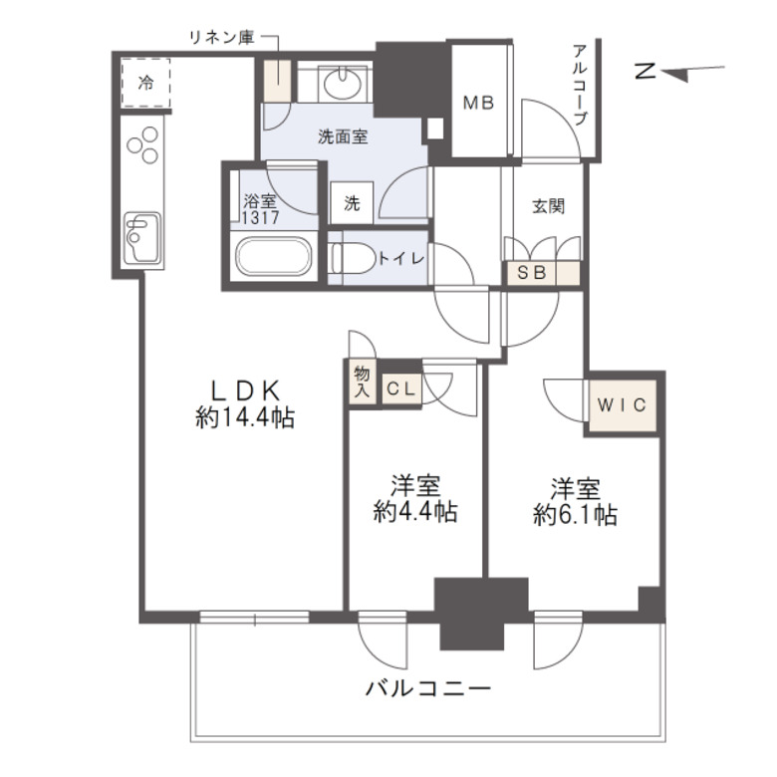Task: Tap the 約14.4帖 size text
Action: click(x=245, y=419)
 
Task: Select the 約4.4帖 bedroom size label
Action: click(x=415, y=513)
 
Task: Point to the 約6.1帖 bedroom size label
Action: click(x=575, y=515)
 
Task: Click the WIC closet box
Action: click(x=624, y=405)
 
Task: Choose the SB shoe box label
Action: click(x=527, y=274)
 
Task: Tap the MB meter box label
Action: click(x=477, y=102)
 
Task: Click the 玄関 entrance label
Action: click(x=548, y=207)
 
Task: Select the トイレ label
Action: click(x=401, y=258)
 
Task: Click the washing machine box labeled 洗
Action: click(x=352, y=203)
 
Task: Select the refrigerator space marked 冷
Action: click(x=145, y=84)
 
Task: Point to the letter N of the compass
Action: click(x=646, y=72)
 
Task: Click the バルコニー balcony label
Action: click(x=427, y=688)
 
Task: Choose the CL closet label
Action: click(x=400, y=389)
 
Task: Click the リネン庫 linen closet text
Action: click(x=221, y=38)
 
